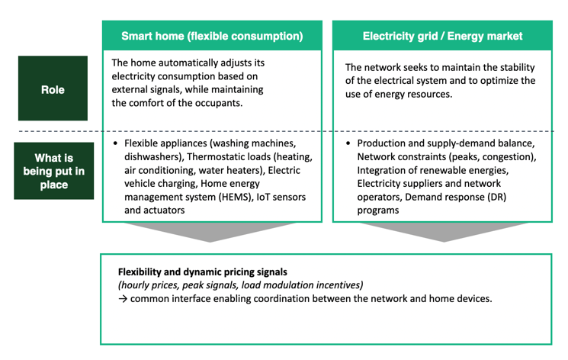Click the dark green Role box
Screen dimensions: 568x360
pos(53,88)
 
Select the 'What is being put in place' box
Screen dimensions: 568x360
pos(54,171)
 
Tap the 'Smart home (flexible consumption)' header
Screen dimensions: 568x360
pos(212,36)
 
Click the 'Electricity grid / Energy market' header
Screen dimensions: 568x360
pos(442,36)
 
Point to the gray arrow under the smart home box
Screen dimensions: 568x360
pos(210,232)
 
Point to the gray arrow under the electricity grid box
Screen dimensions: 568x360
pos(444,232)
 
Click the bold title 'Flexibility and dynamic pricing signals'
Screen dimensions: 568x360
pos(203,272)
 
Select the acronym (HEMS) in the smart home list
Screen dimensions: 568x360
pos(236,198)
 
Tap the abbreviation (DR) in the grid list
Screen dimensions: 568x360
pos(496,198)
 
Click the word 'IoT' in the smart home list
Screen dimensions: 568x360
pos(263,198)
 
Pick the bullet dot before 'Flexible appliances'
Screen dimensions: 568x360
pos(115,143)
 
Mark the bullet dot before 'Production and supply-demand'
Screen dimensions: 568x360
pos(348,143)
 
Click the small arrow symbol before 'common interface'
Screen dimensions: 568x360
pos(123,299)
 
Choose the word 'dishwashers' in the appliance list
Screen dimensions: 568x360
pos(152,157)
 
